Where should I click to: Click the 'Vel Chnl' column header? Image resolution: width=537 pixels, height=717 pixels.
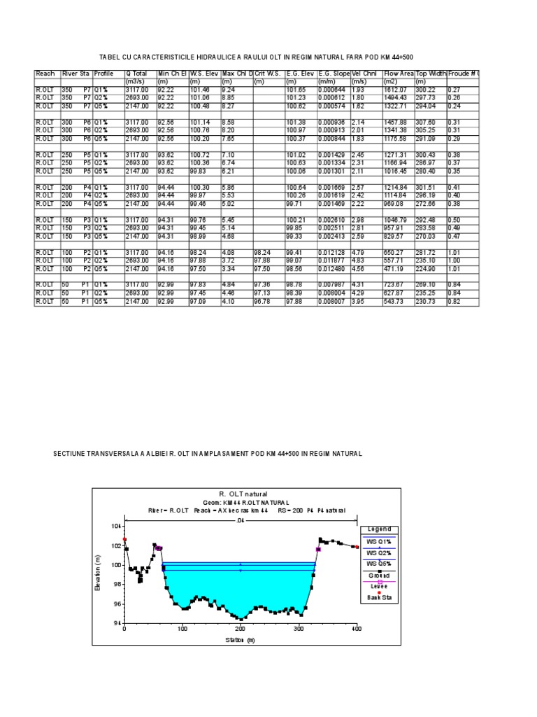(364, 73)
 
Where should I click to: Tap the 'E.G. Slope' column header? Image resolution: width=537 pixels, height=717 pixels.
(334, 73)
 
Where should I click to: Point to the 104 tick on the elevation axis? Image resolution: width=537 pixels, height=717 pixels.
(116, 526)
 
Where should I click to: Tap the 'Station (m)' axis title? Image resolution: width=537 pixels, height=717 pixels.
(240, 640)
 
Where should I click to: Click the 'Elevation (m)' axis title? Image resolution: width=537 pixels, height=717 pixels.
(98, 573)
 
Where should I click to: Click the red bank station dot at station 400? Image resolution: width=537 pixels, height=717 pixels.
(357, 547)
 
